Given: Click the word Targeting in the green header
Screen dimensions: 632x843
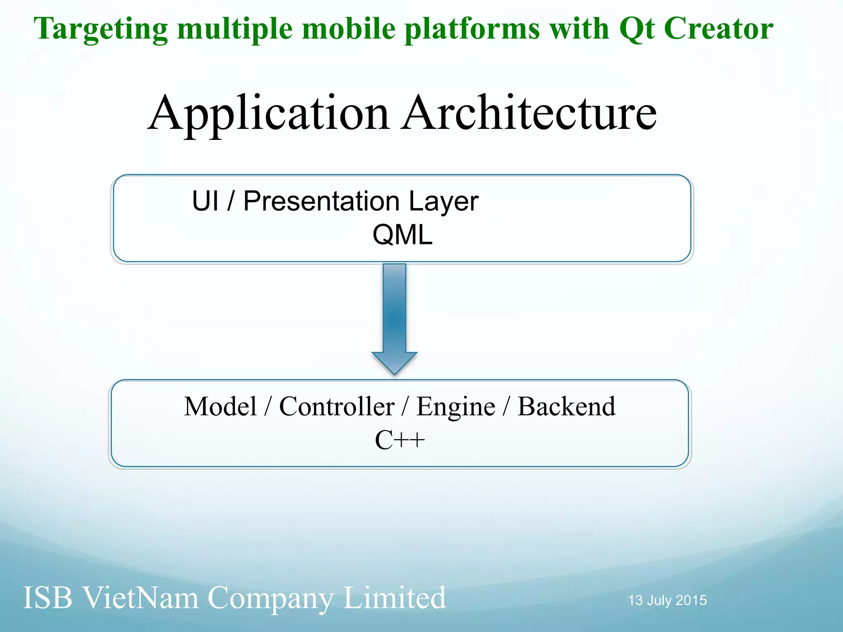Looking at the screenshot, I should click(101, 30).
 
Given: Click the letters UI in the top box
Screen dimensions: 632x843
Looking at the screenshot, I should click(205, 201).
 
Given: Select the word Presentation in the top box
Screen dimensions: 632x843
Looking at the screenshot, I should click(321, 201).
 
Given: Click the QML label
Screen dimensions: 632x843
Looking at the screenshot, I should click(402, 235).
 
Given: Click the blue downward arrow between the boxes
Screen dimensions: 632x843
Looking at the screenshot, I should click(394, 313).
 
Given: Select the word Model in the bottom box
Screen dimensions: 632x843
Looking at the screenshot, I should click(220, 407).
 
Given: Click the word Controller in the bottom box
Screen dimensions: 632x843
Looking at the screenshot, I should click(337, 407).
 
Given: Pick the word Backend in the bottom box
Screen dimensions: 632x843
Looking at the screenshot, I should click(566, 407).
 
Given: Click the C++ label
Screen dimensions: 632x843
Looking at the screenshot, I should click(399, 440).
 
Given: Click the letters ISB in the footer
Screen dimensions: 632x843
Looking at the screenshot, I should click(47, 597).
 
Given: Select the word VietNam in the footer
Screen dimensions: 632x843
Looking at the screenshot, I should click(140, 597).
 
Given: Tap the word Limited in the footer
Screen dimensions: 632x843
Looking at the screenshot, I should click(394, 597).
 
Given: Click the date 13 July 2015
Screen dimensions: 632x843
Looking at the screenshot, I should click(667, 600).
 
